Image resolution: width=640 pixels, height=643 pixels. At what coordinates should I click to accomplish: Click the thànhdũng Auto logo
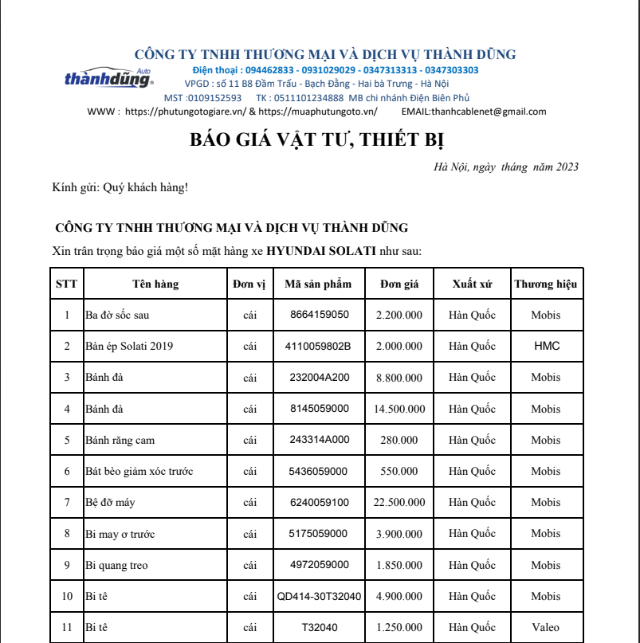pos(108,78)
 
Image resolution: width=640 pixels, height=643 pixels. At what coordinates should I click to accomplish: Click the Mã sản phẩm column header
pos(319,284)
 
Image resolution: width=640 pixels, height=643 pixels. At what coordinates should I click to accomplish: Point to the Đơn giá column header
pos(399,284)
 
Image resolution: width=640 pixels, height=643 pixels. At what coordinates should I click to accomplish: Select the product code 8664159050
pos(319,315)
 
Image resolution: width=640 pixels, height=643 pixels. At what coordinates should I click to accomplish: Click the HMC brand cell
pos(546,346)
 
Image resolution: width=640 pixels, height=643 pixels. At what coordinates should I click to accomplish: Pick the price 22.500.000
pos(399,503)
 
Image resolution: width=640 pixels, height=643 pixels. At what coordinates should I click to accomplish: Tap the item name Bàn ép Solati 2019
pos(129,346)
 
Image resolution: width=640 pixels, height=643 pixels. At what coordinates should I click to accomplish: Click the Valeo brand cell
pos(546,628)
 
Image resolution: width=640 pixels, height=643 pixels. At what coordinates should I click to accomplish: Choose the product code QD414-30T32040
pos(319,597)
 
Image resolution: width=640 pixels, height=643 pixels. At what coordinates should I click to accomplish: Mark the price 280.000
pos(399,440)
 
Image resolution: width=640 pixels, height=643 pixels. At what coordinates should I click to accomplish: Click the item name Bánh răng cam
pos(120,440)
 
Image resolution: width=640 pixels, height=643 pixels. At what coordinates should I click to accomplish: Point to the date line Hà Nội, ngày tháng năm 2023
pos(506,167)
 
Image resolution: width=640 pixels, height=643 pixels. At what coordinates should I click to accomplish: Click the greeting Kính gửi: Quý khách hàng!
pos(120,188)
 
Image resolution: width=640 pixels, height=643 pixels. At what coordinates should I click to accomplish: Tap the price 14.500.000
pos(399,409)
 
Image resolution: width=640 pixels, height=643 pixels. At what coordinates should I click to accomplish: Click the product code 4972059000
pos(319,565)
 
